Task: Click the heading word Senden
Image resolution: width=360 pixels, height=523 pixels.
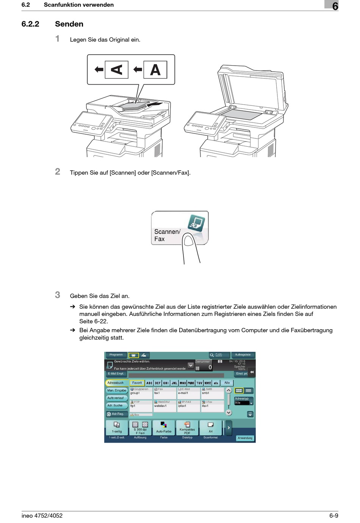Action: pos(69,24)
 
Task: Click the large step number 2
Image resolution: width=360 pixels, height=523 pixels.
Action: pos(58,171)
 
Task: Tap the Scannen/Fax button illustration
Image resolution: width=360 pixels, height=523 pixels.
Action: pos(180,228)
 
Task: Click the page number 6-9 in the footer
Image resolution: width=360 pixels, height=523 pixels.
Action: pos(333,515)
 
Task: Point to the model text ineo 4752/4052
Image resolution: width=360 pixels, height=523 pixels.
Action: pos(42,515)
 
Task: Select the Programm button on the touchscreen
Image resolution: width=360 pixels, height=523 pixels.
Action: pos(116,355)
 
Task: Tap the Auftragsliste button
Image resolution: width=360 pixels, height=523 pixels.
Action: pos(243,355)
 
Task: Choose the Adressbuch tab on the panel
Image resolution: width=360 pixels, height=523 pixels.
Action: pos(116,383)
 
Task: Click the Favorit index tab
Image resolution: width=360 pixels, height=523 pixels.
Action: pos(137,383)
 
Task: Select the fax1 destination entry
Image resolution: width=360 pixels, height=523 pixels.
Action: pos(164,393)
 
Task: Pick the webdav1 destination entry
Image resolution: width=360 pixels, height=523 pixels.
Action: pos(164,406)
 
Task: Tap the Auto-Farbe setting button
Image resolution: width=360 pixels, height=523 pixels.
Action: pos(164,428)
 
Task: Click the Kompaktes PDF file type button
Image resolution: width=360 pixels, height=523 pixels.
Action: pos(187,428)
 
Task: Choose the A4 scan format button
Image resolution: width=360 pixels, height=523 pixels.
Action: pos(211,428)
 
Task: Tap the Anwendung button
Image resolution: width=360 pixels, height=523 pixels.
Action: pos(245,438)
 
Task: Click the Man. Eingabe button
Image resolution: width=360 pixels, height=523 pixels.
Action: pos(117,391)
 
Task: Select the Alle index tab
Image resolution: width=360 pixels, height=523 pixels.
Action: pos(227,383)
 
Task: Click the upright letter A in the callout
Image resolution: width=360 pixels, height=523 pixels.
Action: pos(155,70)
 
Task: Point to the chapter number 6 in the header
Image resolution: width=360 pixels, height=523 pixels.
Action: pos(335,6)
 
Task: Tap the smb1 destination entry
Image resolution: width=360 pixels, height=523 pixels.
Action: pos(212,393)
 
